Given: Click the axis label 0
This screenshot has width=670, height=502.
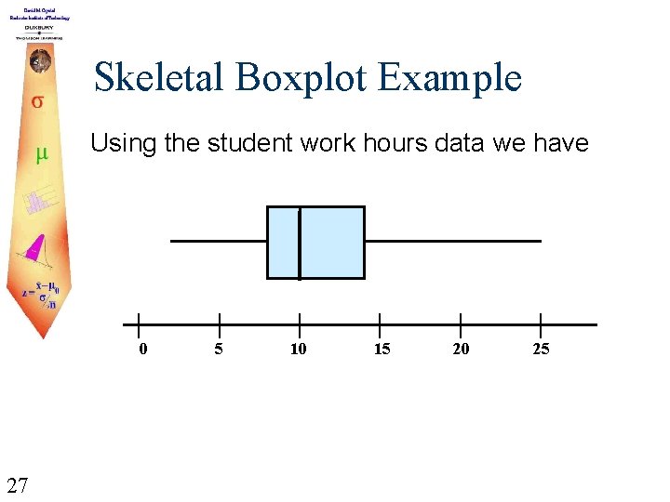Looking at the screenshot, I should [141, 350].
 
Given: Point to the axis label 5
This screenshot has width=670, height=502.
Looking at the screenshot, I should [219, 350].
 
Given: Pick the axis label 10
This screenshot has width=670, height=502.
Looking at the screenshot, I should [299, 350].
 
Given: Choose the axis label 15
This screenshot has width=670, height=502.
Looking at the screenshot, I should [382, 350].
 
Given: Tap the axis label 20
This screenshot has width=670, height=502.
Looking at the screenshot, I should [461, 350].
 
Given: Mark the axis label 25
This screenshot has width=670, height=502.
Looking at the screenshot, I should [541, 350].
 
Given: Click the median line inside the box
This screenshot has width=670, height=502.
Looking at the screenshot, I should [300, 243].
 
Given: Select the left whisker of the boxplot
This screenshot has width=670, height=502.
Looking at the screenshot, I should [219, 241].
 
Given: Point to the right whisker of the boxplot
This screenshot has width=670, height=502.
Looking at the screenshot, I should [452, 241].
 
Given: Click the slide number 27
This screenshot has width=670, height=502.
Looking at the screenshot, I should [16, 484].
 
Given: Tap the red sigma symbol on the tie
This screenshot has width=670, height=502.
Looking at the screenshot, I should [38, 101].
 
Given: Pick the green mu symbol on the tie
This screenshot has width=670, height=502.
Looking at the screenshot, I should [41, 154].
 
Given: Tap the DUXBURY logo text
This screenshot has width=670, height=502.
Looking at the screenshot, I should [38, 28].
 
